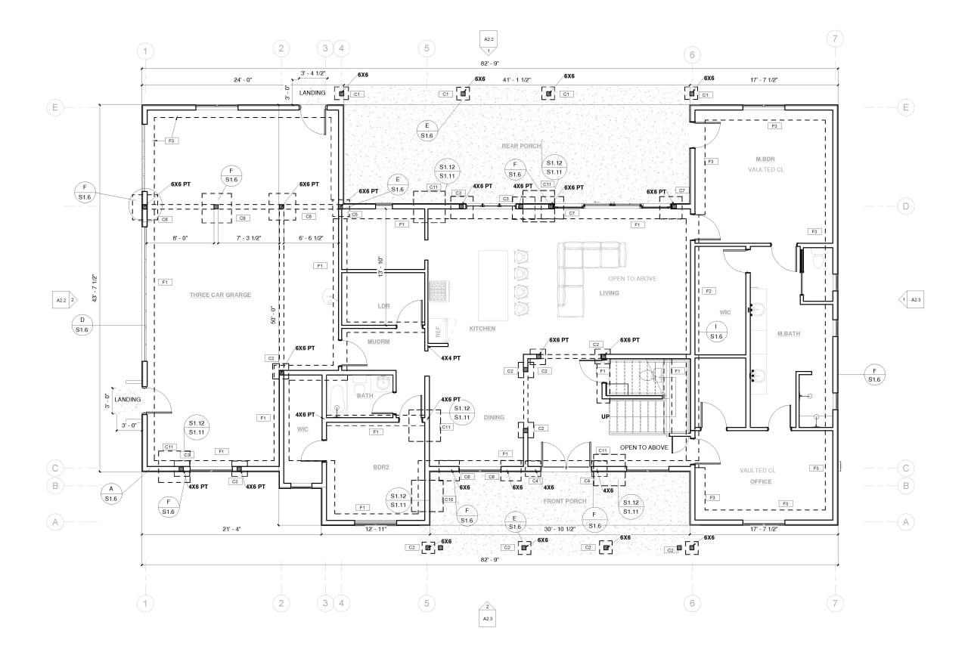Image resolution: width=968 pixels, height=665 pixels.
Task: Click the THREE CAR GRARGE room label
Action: click(x=220, y=295)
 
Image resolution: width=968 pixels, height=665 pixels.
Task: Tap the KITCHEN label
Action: click(x=482, y=329)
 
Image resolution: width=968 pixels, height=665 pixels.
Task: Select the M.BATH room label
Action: click(x=788, y=333)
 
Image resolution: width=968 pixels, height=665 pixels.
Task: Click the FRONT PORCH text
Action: click(x=565, y=501)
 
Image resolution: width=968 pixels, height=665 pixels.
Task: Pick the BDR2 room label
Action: click(x=380, y=468)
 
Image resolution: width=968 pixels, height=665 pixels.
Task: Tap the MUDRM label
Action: click(x=378, y=342)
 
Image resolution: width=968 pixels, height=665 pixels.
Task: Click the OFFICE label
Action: click(x=761, y=481)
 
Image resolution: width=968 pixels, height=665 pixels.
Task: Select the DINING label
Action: click(x=494, y=417)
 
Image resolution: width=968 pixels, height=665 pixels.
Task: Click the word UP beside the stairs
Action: click(x=604, y=416)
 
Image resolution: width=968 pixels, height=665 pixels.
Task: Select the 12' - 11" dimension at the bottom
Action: click(x=375, y=529)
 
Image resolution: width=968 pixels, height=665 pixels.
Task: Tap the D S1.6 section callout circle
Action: click(x=82, y=325)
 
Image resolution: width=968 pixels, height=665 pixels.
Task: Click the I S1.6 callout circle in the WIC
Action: click(x=716, y=331)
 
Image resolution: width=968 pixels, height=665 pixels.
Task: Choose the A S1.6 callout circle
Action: click(x=111, y=493)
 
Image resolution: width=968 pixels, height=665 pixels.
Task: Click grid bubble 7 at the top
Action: click(x=834, y=39)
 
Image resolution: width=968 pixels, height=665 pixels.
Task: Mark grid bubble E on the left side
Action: click(x=54, y=107)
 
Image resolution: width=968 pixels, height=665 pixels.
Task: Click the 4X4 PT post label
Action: click(x=451, y=358)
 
